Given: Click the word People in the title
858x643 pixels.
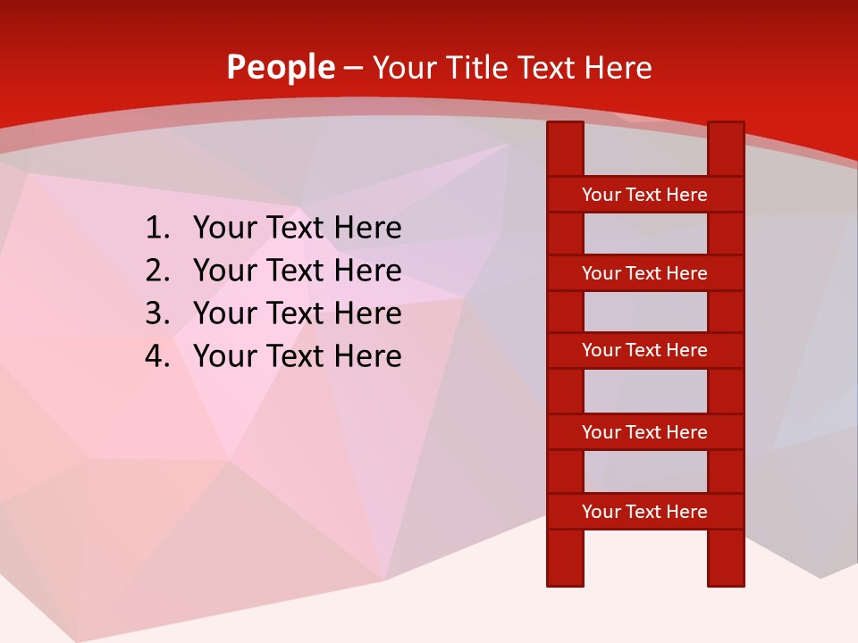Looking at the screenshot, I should click(281, 67).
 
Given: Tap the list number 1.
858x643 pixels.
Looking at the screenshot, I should click(156, 229).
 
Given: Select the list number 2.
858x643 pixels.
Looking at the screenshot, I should click(156, 271).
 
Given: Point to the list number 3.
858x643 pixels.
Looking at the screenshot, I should click(156, 313).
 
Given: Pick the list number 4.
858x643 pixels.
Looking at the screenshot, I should click(156, 356).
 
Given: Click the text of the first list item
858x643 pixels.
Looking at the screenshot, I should click(297, 229).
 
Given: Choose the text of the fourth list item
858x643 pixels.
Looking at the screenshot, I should click(297, 356).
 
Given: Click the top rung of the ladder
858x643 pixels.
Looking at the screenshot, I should click(644, 195).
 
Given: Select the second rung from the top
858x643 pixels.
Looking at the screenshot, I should click(644, 273).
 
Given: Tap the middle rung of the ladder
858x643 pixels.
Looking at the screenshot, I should click(644, 350).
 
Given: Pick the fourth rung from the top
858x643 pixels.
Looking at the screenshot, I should click(644, 432).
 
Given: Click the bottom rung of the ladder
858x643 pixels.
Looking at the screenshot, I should click(644, 512).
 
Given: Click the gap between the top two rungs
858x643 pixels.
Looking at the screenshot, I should click(645, 234).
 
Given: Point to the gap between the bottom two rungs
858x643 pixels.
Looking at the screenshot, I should click(645, 472).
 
